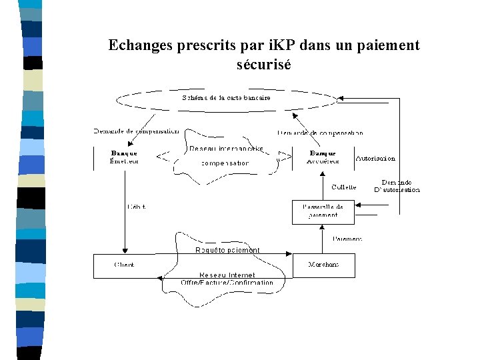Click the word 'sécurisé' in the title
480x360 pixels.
263,65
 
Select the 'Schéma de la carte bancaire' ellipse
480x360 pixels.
227,99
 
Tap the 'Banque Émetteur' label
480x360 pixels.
124,157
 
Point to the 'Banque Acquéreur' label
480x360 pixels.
323,157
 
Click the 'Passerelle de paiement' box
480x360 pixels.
323,211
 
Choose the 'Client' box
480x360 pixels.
125,265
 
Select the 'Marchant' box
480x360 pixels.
323,265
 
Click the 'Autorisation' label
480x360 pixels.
376,159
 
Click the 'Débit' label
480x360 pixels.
136,207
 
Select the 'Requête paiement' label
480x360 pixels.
227,250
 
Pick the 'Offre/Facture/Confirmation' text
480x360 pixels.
227,283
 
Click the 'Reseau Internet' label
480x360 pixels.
227,275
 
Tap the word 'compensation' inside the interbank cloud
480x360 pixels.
225,163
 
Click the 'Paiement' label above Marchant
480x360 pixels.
347,239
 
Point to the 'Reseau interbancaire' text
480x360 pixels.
226,149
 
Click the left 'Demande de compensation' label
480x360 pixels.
136,131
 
